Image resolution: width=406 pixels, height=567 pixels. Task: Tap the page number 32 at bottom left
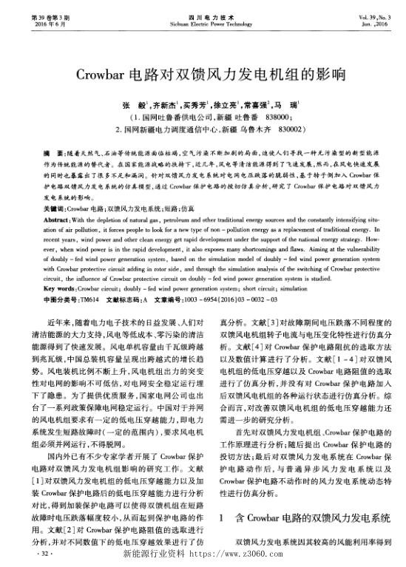coord(47,551)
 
